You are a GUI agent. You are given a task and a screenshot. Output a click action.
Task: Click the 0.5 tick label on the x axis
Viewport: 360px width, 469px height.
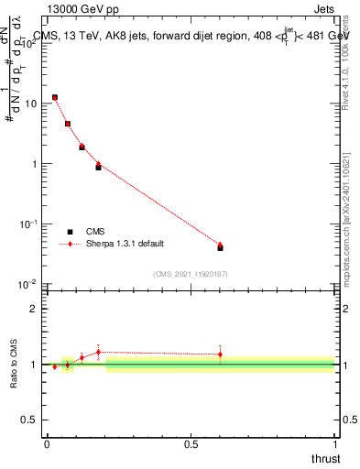tap(191, 443)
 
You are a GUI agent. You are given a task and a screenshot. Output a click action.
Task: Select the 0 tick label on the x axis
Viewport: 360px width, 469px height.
tap(47, 443)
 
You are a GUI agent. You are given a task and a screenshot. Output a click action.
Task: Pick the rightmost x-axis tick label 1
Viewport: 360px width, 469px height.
tap(334, 443)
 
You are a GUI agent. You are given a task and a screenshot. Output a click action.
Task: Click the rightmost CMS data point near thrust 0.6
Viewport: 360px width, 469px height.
tap(220, 247)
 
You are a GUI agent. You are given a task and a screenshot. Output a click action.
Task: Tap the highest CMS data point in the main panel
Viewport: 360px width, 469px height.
tap(55, 97)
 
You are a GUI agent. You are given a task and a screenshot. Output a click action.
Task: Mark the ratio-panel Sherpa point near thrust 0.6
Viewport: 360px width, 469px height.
tap(220, 354)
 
